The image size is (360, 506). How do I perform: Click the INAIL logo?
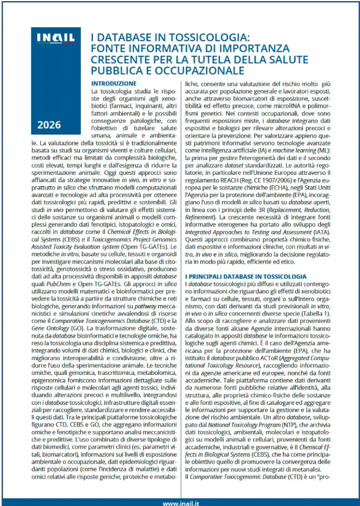[56, 38]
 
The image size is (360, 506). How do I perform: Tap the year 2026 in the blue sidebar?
[50, 125]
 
